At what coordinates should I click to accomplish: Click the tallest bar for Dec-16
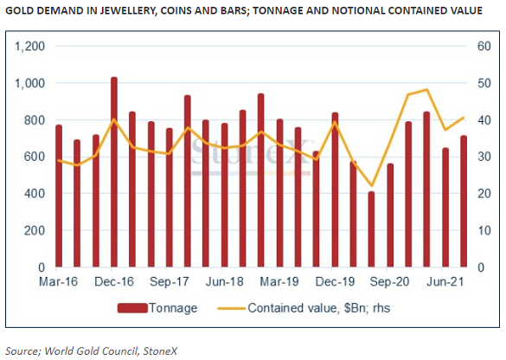coord(114,173)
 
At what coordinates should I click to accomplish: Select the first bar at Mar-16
coord(59,196)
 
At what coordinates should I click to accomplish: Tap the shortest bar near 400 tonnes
coord(371,229)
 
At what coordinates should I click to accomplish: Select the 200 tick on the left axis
coord(35,231)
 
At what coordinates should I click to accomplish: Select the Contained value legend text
coord(312,306)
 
